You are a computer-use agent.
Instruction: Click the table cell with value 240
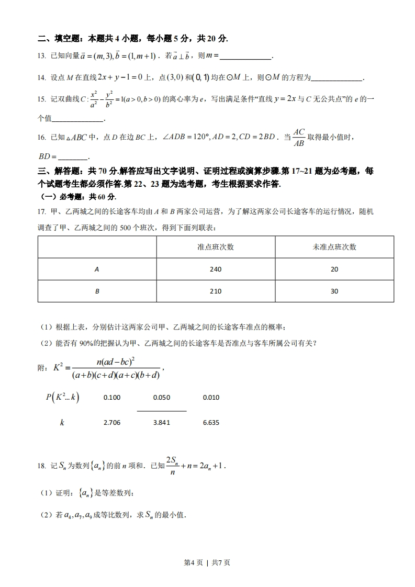click(215, 269)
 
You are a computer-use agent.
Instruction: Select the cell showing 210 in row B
click(215, 291)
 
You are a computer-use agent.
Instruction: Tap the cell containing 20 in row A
click(334, 269)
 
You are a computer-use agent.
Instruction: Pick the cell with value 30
click(334, 291)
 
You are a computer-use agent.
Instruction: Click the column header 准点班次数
click(215, 247)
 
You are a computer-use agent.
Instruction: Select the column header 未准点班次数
click(334, 247)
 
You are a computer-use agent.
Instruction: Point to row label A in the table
click(97, 269)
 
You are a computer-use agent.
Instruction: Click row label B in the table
click(97, 291)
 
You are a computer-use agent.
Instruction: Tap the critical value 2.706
click(112, 422)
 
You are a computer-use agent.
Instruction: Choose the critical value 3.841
click(162, 422)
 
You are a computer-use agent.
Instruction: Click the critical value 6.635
click(211, 422)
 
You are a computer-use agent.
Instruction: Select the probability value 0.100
click(112, 398)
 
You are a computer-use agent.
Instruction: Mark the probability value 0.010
click(211, 398)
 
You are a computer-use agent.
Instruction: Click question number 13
click(42, 56)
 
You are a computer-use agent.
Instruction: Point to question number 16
click(42, 138)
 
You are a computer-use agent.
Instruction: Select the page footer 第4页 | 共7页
click(207, 562)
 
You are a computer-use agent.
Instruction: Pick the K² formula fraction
click(115, 368)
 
